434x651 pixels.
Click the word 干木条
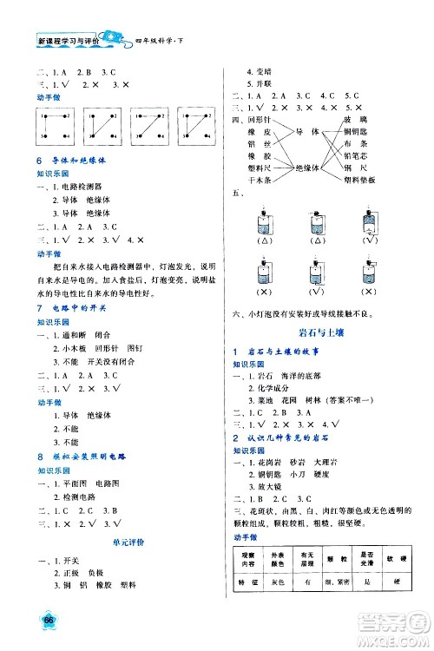pos(261,180)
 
